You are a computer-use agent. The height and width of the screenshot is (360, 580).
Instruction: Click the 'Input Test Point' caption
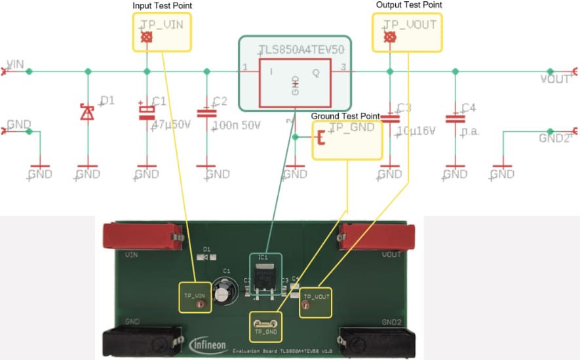coord(162,6)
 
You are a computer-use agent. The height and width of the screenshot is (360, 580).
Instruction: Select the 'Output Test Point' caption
coord(409,5)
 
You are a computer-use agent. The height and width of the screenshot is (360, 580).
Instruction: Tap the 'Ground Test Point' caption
coord(345,116)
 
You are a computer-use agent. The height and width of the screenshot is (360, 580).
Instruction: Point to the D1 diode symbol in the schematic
coord(87,113)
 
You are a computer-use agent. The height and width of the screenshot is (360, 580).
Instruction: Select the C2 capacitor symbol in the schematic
coord(207,113)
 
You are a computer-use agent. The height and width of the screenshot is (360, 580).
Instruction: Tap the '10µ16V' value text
coord(416,130)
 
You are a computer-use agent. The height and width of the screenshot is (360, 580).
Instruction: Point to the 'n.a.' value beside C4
coord(470,130)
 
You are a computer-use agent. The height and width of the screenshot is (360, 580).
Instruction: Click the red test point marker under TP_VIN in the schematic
coord(147,37)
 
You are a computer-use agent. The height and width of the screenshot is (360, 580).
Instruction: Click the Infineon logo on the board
coord(208,344)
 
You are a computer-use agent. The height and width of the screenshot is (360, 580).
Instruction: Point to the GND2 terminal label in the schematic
coord(554,138)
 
